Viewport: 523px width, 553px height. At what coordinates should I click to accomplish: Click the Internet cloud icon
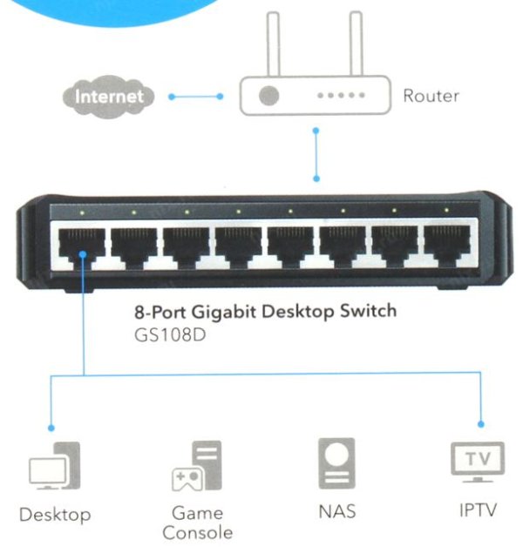click(109, 96)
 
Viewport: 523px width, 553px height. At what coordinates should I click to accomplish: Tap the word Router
click(430, 96)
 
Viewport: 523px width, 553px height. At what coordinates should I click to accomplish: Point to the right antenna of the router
click(356, 44)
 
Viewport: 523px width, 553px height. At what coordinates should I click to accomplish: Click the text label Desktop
click(54, 515)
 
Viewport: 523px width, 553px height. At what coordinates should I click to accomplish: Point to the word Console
click(197, 531)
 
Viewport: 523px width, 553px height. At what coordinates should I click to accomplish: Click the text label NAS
click(336, 512)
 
